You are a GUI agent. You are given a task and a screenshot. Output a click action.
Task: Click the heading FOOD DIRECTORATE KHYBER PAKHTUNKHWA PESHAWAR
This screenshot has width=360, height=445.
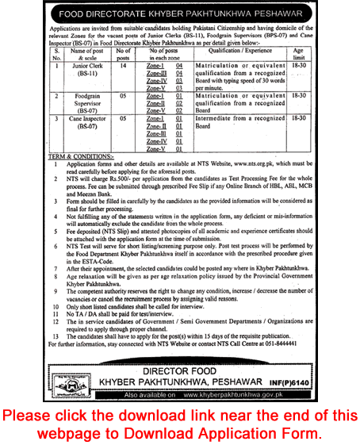tap(179, 11)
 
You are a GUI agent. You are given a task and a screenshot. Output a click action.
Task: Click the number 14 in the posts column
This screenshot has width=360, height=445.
tap(124, 67)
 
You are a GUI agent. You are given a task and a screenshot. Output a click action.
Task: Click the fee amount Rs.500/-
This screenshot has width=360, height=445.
tap(128, 181)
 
